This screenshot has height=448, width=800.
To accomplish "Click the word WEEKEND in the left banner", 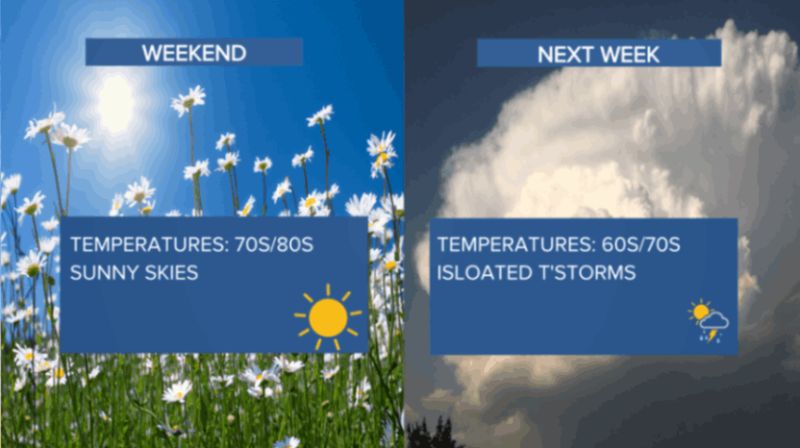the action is [193, 53].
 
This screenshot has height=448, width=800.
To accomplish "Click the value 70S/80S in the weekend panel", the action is [274, 244].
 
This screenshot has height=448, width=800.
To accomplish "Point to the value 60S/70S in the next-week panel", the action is [641, 244].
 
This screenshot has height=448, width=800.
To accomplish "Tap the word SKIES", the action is [171, 272].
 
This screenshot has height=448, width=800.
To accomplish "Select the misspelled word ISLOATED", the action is [483, 272].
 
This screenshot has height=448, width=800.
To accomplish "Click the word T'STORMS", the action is [587, 272].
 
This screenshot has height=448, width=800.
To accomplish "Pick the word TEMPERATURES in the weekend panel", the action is [147, 244].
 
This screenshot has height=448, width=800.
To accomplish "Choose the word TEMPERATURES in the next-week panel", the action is [513, 244].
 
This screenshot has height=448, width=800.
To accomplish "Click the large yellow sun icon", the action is [328, 318].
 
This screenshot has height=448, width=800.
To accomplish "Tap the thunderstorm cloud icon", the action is [713, 326].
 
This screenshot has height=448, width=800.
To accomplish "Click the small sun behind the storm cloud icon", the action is [700, 310].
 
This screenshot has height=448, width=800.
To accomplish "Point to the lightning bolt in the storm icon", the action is [712, 336].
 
